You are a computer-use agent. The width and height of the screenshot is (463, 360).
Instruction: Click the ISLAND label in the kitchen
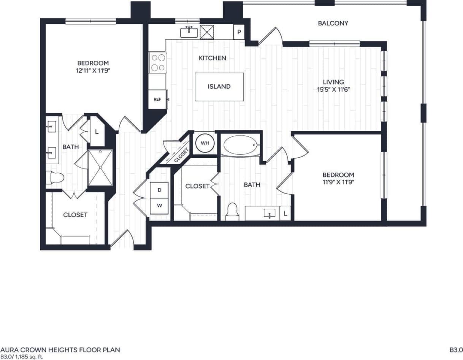click(219, 87)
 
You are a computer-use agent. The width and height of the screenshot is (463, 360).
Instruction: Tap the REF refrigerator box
click(157, 99)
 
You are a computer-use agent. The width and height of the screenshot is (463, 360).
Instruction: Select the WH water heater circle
click(205, 143)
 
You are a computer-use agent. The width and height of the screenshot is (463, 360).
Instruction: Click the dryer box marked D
click(159, 190)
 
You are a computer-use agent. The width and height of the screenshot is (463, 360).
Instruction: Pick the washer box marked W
click(159, 206)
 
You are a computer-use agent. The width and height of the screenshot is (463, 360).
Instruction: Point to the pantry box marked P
click(239, 32)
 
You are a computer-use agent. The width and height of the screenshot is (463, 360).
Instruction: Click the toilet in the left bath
click(54, 178)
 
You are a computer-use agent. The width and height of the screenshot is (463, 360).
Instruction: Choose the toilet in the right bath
click(231, 212)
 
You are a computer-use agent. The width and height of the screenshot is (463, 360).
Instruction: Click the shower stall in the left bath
click(100, 168)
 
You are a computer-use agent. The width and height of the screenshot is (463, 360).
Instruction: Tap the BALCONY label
click(333, 23)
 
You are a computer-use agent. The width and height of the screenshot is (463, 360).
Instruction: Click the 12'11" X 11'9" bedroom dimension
click(93, 70)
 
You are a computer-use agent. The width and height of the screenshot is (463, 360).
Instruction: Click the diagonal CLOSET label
click(181, 155)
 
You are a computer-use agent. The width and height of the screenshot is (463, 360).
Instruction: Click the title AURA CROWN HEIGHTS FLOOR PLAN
click(60, 350)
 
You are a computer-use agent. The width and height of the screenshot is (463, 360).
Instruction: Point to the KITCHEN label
click(212, 58)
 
